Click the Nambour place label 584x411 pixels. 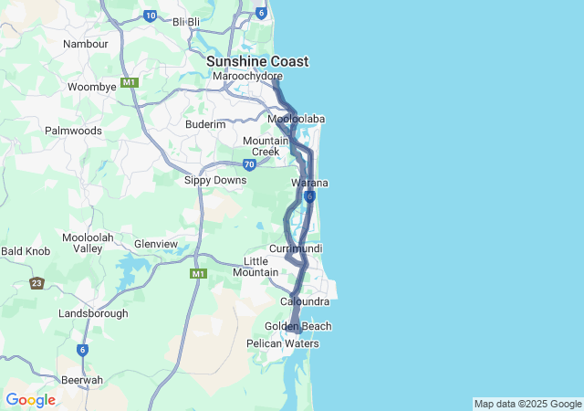pos(86,43)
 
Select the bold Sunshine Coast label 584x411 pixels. pos(257,61)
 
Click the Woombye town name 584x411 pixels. pos(92,87)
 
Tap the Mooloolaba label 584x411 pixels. pos(297,119)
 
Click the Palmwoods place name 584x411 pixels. pos(74,131)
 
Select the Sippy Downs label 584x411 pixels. pos(215,181)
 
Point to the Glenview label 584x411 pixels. pos(156,244)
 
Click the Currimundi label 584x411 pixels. pos(296,248)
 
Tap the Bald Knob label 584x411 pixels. pos(25,250)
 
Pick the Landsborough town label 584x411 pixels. pos(93,313)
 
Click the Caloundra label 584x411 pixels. pos(305,301)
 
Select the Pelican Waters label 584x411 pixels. pos(283,344)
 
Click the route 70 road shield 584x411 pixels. pos(249,164)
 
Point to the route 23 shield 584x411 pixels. pos(36,283)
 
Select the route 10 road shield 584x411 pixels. pos(151,16)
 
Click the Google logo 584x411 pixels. pos(30,400)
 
